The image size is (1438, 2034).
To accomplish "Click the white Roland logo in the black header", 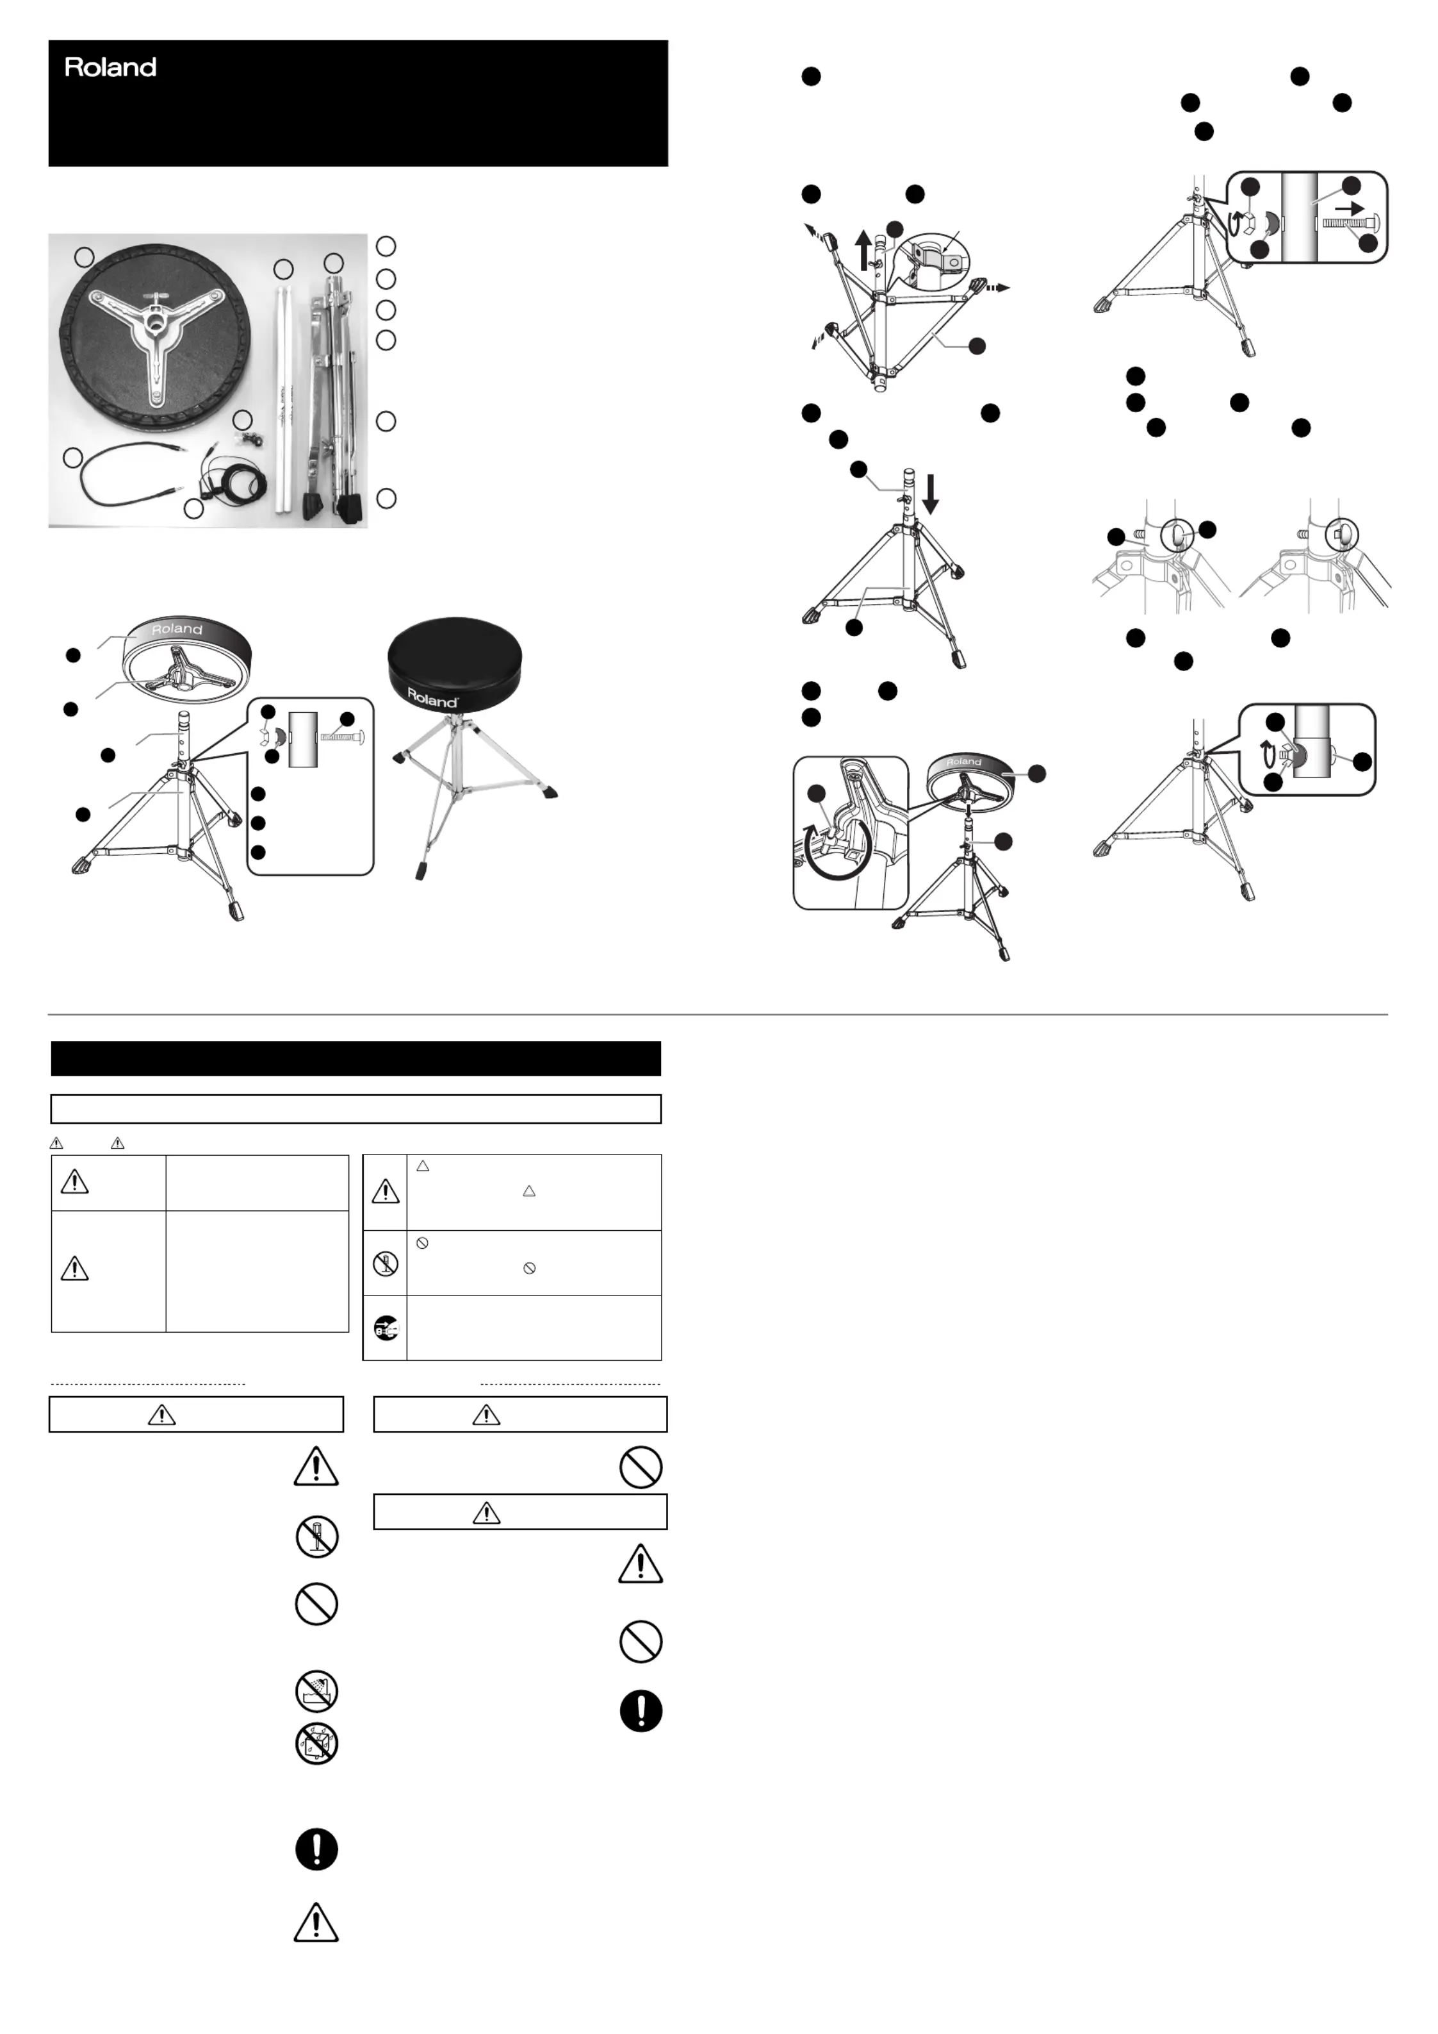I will tap(111, 67).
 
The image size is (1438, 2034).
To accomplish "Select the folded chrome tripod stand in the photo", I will tap(332, 399).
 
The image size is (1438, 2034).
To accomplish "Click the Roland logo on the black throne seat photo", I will tap(432, 698).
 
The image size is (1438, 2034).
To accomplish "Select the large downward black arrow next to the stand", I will tap(930, 494).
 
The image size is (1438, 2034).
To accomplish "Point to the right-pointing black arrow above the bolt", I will tap(1350, 207).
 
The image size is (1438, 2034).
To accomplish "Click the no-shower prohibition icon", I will tap(316, 1691).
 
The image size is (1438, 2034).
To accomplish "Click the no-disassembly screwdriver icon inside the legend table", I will tap(385, 1262).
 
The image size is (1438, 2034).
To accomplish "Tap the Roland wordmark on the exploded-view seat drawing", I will tap(177, 629).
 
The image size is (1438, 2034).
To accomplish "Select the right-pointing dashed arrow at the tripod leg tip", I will tap(998, 288).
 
